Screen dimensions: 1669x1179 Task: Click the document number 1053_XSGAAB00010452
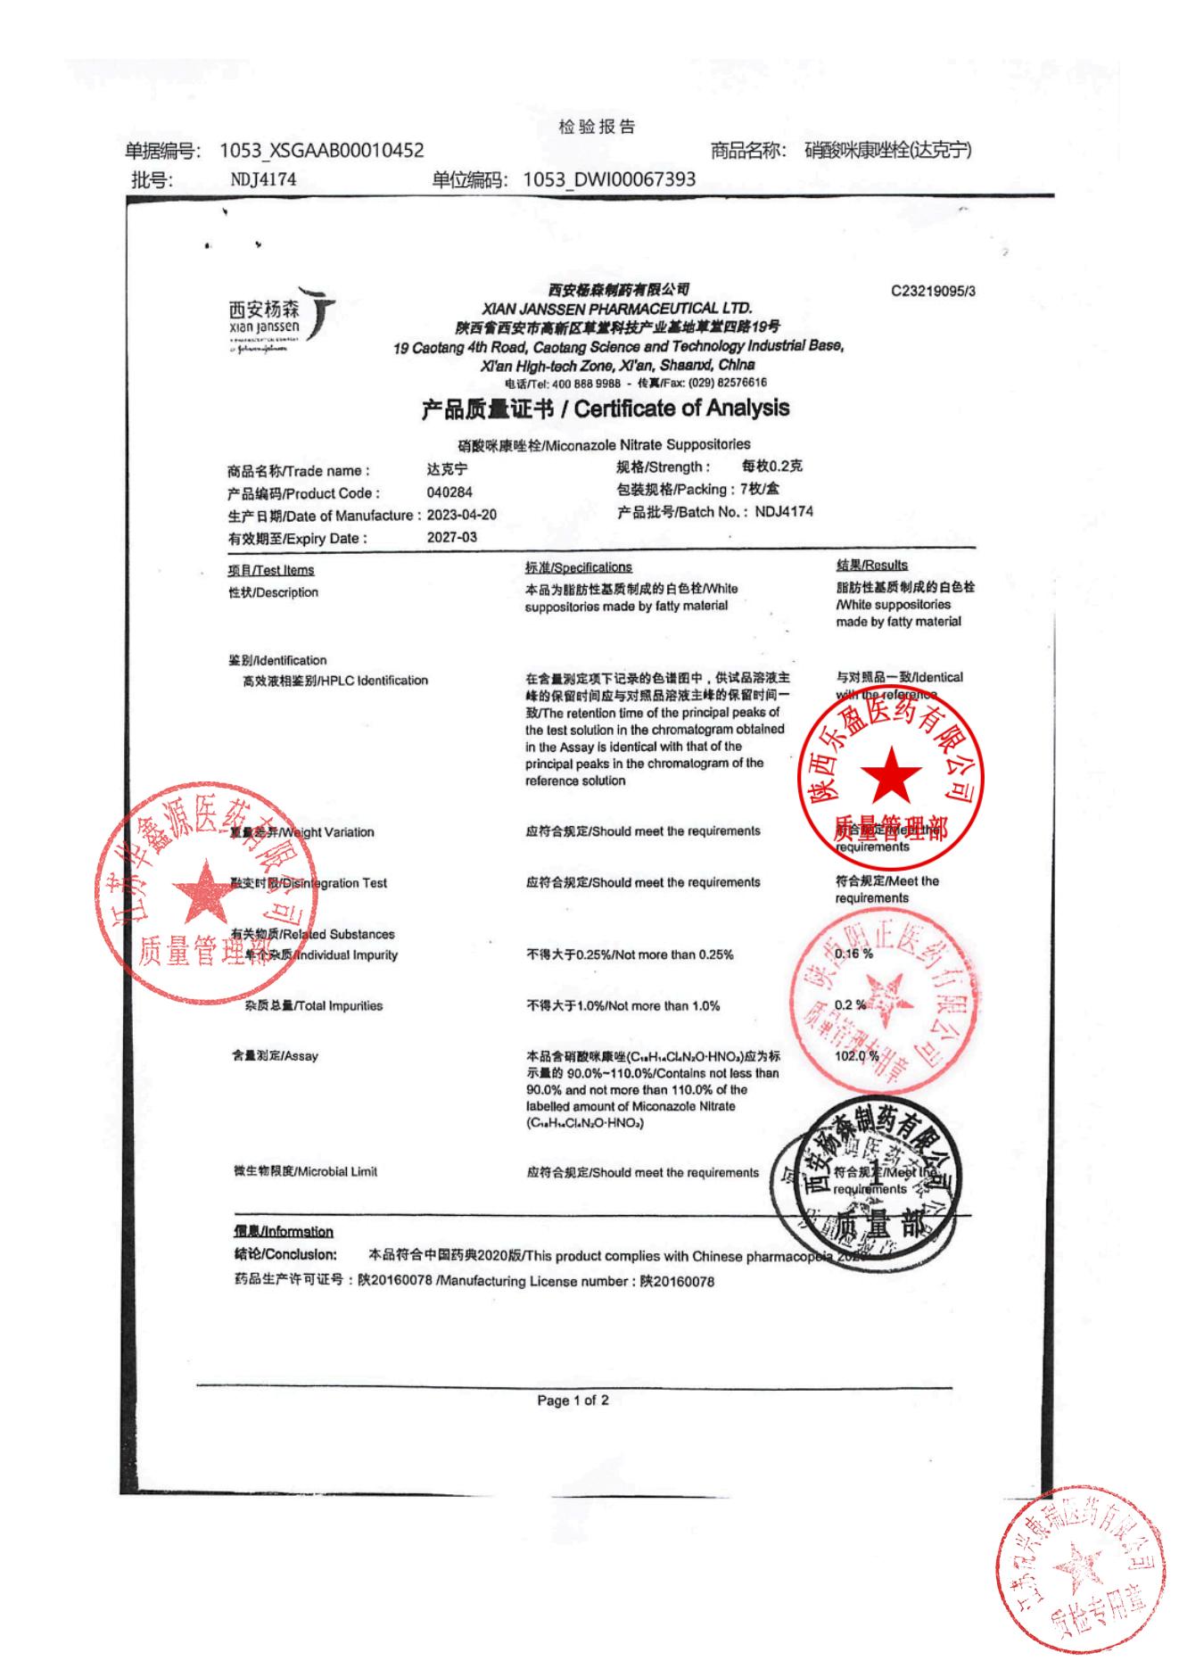coord(322,151)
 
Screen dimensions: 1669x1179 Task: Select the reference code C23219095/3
coord(933,291)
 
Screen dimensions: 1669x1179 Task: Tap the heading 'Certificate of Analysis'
coord(682,409)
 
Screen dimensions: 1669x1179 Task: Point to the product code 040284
coord(449,492)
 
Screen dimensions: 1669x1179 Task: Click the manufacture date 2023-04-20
coord(462,515)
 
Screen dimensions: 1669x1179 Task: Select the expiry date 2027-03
coord(452,537)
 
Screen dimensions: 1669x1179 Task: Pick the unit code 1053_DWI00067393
coord(609,179)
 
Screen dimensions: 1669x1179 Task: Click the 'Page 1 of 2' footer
coord(573,1400)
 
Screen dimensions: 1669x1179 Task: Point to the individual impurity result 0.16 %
coord(853,954)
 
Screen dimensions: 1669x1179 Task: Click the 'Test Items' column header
coord(271,570)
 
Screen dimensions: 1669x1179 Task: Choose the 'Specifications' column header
coord(579,567)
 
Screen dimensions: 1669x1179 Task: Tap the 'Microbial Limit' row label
coord(306,1171)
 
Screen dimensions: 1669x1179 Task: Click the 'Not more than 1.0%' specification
coord(623,1005)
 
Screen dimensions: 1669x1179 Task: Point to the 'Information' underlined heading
coord(284,1231)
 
